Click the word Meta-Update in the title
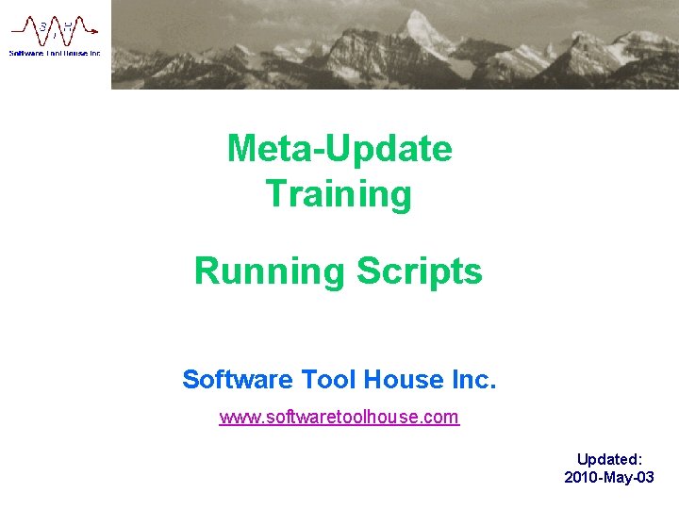pyautogui.click(x=339, y=149)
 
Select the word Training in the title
pyautogui.click(x=339, y=194)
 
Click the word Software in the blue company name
pyautogui.click(x=237, y=380)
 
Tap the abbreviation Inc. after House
pyautogui.click(x=473, y=380)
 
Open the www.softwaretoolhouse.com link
pyautogui.click(x=339, y=417)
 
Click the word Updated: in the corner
pyautogui.click(x=609, y=459)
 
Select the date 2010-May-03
pyautogui.click(x=609, y=478)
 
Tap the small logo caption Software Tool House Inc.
pyautogui.click(x=55, y=54)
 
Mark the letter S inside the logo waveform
pyautogui.click(x=43, y=26)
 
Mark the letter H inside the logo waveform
pyautogui.click(x=67, y=26)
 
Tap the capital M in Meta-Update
pyautogui.click(x=240, y=149)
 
